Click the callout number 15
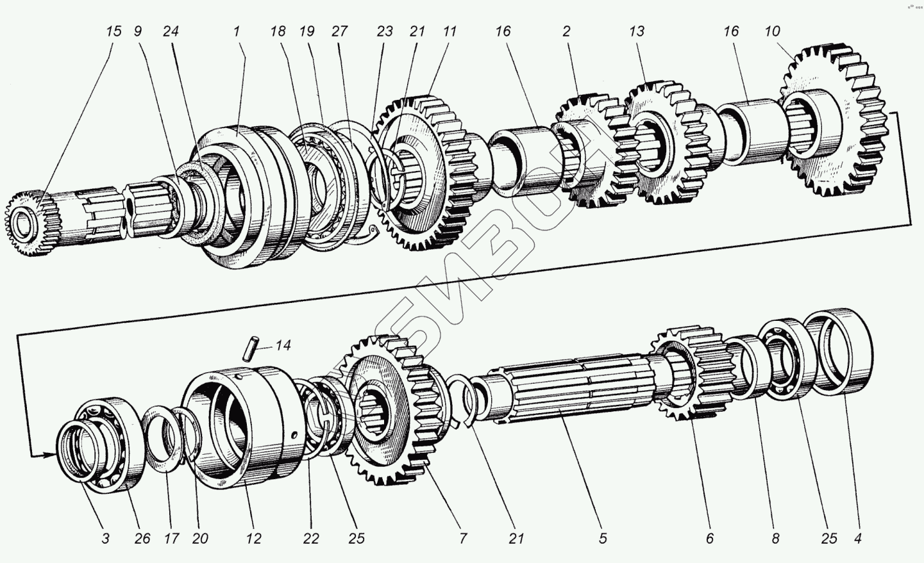(x=113, y=31)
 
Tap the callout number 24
(x=170, y=31)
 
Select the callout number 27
(x=339, y=31)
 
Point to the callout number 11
(x=449, y=31)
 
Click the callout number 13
(x=636, y=31)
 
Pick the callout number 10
(x=772, y=31)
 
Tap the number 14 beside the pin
(x=283, y=346)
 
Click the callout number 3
(x=106, y=539)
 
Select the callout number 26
(x=142, y=539)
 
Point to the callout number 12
(x=254, y=539)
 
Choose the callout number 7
(x=463, y=539)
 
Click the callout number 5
(x=603, y=539)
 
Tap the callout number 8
(x=775, y=539)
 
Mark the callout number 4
(x=857, y=539)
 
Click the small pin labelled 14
(x=251, y=347)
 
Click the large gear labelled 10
(x=834, y=122)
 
